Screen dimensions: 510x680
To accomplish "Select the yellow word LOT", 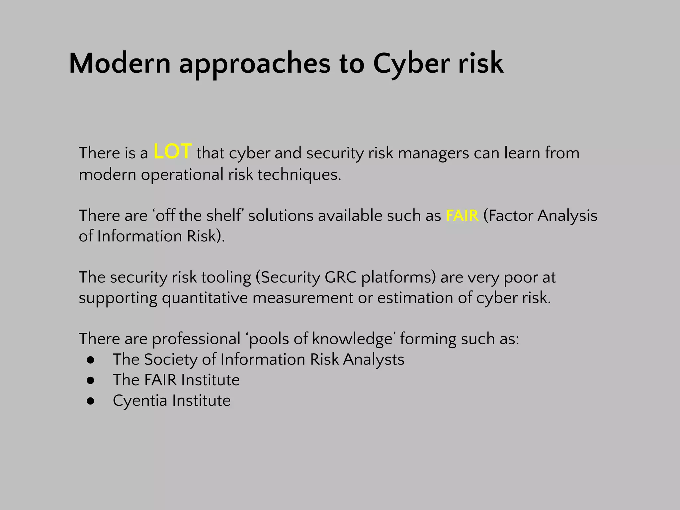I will (172, 152).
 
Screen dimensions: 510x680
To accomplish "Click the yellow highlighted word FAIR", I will (462, 215).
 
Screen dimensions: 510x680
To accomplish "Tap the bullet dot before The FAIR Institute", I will (91, 381).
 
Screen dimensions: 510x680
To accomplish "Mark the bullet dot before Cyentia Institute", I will (91, 401).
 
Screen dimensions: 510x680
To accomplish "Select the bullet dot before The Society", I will (91, 360).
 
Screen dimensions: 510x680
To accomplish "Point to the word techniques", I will (299, 175).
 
